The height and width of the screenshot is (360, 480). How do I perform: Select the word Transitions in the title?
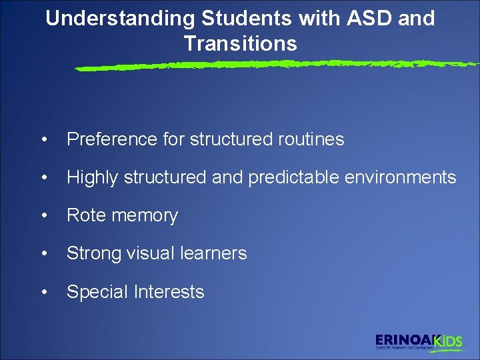pos(240,43)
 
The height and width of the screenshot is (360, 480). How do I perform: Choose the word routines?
pos(310,139)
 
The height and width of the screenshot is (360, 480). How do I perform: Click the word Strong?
pos(92,254)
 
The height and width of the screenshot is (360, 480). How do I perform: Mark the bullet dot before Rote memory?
pos(44,216)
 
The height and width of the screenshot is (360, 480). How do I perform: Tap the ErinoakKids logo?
pos(418,341)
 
